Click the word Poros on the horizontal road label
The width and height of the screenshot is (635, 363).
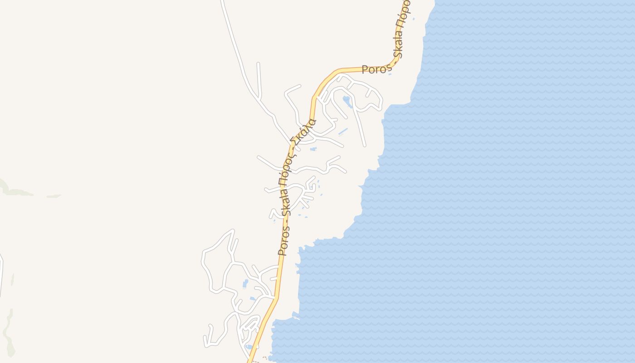[x=376, y=69]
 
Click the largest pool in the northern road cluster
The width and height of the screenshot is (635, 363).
[x=348, y=101]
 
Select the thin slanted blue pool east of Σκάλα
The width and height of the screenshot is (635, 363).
[x=343, y=132]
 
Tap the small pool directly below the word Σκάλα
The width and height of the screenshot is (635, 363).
[x=313, y=149]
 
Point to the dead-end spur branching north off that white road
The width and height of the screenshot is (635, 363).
[x=259, y=79]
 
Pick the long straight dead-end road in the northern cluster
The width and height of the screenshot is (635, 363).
[x=360, y=127]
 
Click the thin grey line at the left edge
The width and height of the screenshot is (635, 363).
[x=1, y=272]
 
